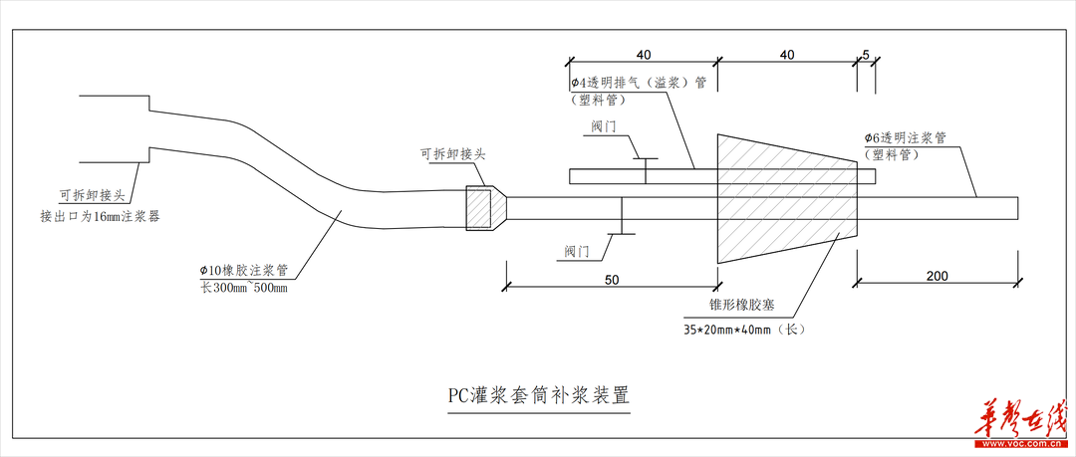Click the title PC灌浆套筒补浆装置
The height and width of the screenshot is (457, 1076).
click(539, 396)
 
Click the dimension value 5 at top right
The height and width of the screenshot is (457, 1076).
click(866, 54)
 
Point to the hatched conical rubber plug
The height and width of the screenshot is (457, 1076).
click(787, 199)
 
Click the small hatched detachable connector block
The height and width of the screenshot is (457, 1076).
click(479, 207)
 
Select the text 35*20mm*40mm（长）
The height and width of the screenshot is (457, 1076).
click(744, 330)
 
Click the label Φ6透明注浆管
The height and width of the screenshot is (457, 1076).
click(905, 138)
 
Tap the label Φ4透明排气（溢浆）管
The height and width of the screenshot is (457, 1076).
click(639, 84)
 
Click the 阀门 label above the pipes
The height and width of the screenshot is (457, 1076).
click(604, 127)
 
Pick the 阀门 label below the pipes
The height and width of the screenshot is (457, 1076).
click(578, 252)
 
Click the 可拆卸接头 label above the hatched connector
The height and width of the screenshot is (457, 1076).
click(453, 155)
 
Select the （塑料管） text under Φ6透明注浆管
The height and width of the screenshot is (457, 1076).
click(892, 155)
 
